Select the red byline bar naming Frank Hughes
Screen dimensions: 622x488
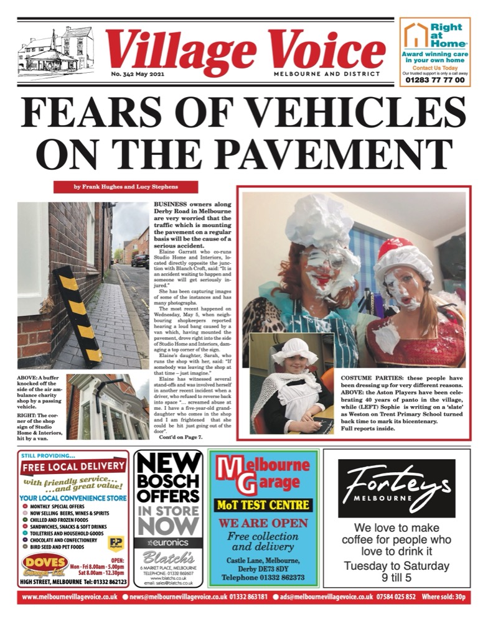point(125,187)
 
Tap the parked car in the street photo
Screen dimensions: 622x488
point(141,260)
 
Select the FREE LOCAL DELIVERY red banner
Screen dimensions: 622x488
point(73,466)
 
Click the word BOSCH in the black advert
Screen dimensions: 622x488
point(168,482)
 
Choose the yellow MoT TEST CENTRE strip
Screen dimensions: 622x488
point(263,504)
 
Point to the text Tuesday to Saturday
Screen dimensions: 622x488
point(396,566)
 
